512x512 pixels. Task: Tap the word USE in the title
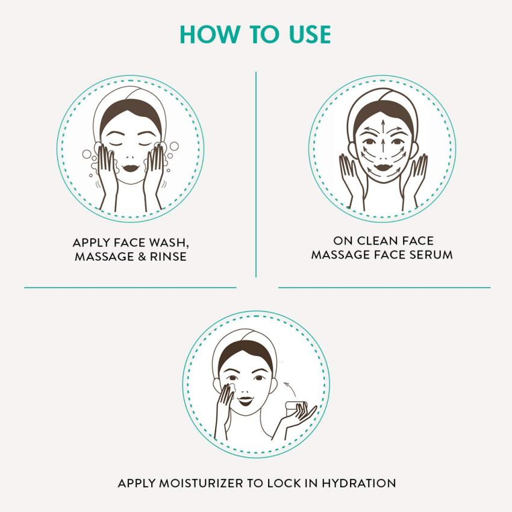(302, 34)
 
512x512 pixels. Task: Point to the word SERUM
(431, 255)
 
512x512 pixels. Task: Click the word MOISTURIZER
(195, 483)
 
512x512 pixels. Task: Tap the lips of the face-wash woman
(131, 164)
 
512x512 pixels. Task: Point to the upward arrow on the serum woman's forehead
(382, 124)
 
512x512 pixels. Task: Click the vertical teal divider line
(256, 175)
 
